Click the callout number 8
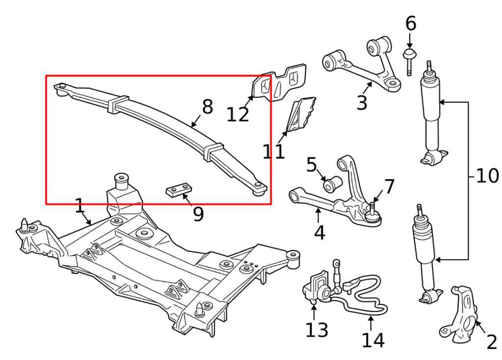coord(207,107)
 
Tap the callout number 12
coord(238,115)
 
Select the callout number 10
coord(487,176)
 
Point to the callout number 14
coord(373,340)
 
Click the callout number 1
coord(79,206)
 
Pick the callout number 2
coord(491,342)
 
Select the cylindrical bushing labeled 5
coord(332,184)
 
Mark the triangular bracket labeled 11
coord(300,115)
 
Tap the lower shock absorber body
coord(425,245)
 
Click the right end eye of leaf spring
coord(259,188)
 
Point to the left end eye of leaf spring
coord(62,88)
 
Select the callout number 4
coord(319,233)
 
